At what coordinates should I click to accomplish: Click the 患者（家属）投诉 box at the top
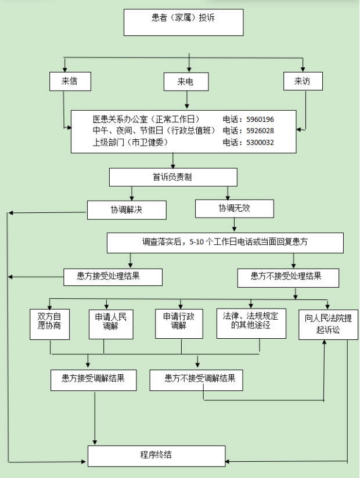coord(183,22)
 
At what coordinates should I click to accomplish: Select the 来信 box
coord(70,82)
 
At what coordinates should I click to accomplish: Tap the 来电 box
coord(186,82)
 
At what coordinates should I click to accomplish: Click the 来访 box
coord(303,82)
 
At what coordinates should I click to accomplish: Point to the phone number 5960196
coord(260,119)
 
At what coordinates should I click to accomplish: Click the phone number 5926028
coord(260,131)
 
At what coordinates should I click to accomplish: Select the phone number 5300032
coord(260,142)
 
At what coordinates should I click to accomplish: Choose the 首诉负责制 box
coord(172,177)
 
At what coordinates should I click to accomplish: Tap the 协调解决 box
coord(127,209)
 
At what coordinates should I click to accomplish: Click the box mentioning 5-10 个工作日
coord(225,242)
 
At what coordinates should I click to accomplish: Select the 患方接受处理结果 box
coord(113,277)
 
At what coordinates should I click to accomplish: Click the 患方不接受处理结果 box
coord(287,277)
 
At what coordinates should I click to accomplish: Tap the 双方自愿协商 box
coord(49,324)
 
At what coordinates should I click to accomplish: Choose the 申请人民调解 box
coord(111,323)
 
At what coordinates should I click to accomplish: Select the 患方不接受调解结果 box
coord(200,379)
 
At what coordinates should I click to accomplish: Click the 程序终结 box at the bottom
coord(156,455)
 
